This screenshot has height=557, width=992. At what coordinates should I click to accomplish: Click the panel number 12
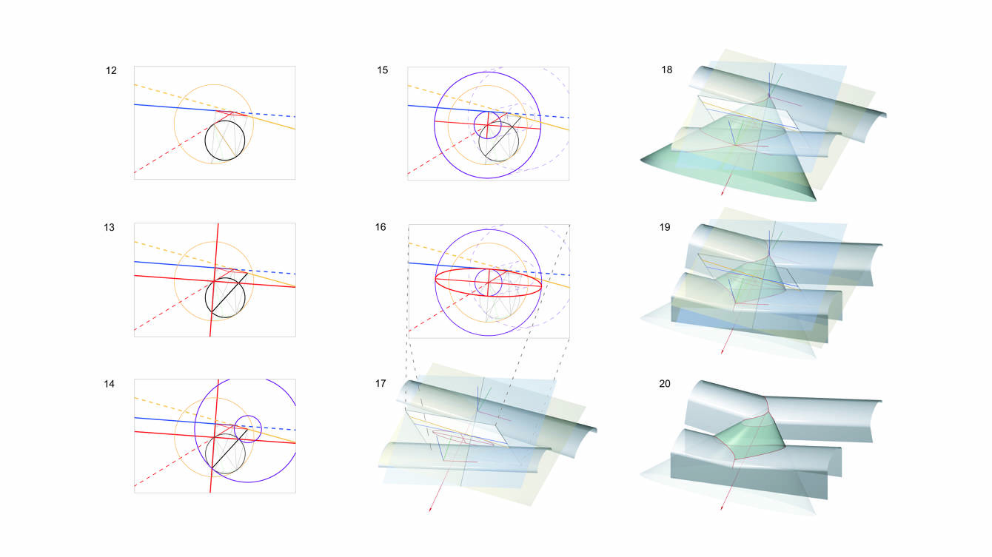coord(111,70)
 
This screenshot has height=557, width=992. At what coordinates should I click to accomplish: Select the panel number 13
coord(109,227)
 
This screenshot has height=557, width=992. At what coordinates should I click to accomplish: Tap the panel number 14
coord(110,384)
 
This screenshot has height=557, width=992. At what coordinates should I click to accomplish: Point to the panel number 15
coord(383,70)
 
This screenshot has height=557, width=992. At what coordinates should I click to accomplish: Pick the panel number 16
coord(381,227)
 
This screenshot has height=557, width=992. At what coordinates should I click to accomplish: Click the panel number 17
coord(381,384)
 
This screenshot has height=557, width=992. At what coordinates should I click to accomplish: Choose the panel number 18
coord(666,70)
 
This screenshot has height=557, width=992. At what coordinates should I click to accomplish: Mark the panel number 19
coord(665,227)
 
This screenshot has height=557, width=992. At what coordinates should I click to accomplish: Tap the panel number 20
coord(665,384)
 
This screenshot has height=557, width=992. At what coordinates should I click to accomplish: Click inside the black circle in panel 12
coord(225,141)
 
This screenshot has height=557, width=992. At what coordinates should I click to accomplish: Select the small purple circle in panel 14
coord(248,429)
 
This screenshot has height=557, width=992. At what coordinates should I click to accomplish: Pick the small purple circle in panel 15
coord(488,125)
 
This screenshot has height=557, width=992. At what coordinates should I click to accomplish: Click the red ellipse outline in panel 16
coord(488,283)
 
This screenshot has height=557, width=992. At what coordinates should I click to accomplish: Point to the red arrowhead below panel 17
coord(429,510)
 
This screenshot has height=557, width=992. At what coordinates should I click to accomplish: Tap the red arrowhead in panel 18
coord(723,193)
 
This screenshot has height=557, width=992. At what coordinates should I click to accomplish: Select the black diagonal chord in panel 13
coord(229,292)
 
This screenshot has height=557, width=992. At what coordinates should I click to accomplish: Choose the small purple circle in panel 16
coord(488,282)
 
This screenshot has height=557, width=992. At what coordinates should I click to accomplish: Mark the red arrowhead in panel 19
coord(723,351)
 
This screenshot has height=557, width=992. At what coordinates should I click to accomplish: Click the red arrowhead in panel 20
coord(722,507)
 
